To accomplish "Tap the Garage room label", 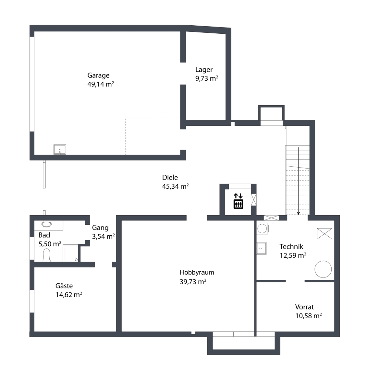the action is click(x=98, y=75).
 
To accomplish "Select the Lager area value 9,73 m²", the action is click(x=206, y=78).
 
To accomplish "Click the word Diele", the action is click(x=170, y=177).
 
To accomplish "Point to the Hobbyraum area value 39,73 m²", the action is click(x=193, y=282).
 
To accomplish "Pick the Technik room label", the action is click(x=291, y=246).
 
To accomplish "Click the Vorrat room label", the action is click(x=304, y=307).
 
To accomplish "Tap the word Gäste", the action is click(x=64, y=286).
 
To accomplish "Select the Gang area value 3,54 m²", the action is click(x=103, y=236).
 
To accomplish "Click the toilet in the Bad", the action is click(x=47, y=255).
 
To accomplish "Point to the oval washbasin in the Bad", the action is click(x=46, y=224).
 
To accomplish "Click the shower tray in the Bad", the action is click(x=70, y=253).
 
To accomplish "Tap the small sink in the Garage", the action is click(x=60, y=149).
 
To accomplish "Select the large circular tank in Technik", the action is click(x=323, y=269).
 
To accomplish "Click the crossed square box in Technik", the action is click(x=325, y=233).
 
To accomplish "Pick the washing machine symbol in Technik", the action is click(x=262, y=229).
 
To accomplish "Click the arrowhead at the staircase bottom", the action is click(x=298, y=214).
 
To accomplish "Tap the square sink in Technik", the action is click(x=261, y=248).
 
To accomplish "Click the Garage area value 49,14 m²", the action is click(x=101, y=84).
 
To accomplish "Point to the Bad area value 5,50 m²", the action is click(x=50, y=244).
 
